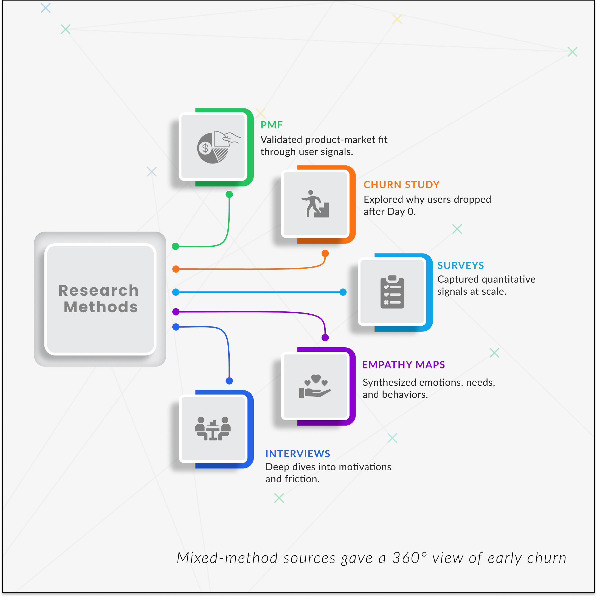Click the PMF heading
point(271,125)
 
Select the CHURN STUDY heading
point(401,184)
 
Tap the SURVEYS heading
point(460,265)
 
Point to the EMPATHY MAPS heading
point(403,365)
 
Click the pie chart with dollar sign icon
point(216,147)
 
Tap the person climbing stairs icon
point(315,204)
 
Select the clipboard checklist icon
point(392,292)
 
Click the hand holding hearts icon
point(315,386)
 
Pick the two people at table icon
point(213,429)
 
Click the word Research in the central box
point(98,291)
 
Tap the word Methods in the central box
point(101,307)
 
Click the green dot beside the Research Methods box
point(176,246)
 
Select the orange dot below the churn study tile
point(325,254)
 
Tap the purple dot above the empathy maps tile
point(325,337)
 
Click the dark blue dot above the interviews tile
point(229,381)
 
